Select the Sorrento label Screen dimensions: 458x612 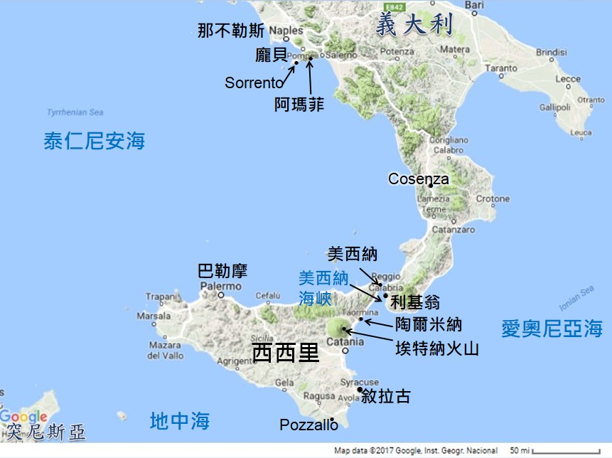(254, 82)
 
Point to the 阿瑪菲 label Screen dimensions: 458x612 (299, 105)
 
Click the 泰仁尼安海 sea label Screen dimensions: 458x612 (94, 141)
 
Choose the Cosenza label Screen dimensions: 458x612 (418, 179)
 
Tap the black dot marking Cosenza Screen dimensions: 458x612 (430, 186)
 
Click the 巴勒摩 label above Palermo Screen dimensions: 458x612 (222, 271)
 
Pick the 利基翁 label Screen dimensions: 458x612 (415, 302)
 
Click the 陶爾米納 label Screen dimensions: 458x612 (428, 325)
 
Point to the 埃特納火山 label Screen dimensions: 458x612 (437, 348)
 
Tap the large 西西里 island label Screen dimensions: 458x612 (286, 352)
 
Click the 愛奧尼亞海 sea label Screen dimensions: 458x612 (552, 329)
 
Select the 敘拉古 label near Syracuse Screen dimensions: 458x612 (386, 396)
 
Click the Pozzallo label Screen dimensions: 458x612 (308, 425)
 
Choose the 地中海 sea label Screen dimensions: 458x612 (180, 421)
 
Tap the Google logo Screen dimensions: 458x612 (23, 417)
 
